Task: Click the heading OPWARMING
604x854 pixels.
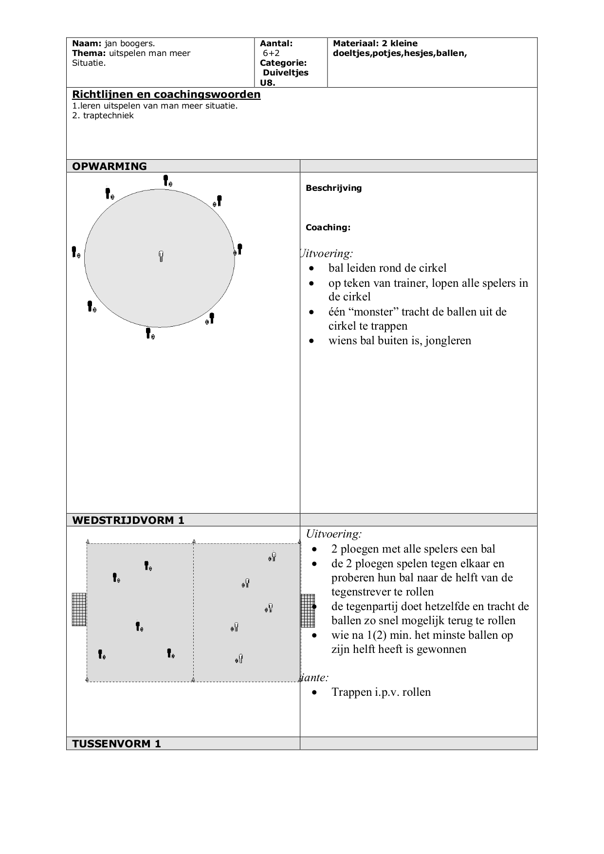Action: click(x=109, y=166)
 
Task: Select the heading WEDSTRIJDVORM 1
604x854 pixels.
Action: click(x=128, y=520)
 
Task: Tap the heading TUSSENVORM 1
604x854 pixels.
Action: click(x=116, y=743)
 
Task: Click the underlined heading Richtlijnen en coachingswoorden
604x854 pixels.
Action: click(x=166, y=94)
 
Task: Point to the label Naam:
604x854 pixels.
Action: click(x=87, y=43)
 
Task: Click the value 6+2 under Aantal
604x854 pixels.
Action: click(x=271, y=53)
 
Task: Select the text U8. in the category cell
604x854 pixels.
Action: click(x=267, y=82)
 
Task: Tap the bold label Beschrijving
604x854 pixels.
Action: click(x=333, y=188)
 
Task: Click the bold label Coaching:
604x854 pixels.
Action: click(x=328, y=227)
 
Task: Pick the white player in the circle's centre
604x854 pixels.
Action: click(x=161, y=256)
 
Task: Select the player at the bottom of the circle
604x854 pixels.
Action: click(x=148, y=333)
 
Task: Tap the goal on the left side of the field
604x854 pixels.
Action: click(x=79, y=609)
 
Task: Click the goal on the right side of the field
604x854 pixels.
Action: click(x=308, y=611)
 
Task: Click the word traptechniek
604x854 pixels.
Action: click(x=108, y=115)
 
